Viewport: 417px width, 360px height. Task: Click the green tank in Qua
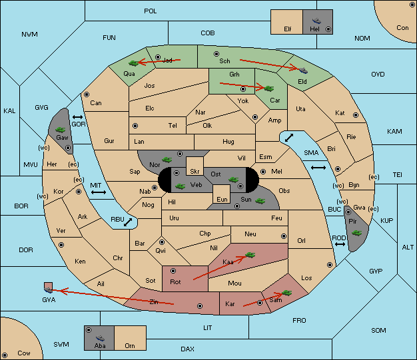[x=134, y=63]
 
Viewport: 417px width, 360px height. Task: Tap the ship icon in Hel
[x=316, y=21]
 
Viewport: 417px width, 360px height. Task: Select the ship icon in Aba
[x=100, y=338]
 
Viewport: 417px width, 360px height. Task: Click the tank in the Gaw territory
[x=61, y=130]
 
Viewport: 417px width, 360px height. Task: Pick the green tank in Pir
[x=356, y=233]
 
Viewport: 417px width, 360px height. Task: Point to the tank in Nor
[x=167, y=160]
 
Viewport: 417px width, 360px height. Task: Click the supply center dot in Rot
[x=173, y=271]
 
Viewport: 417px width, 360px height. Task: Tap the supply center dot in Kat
[x=356, y=115]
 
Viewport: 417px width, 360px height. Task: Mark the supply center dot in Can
[x=87, y=94]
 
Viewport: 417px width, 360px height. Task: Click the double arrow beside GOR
[x=78, y=117]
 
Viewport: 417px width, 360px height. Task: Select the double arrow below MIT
[x=99, y=192]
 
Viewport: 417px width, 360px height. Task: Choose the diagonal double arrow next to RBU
[x=128, y=222]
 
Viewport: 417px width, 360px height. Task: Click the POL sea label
[x=151, y=11]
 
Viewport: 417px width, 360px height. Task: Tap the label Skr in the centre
[x=195, y=172]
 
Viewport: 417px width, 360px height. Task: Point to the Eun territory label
[x=222, y=199]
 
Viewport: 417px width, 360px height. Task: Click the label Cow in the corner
[x=24, y=353]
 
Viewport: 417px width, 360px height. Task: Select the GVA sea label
[x=49, y=300]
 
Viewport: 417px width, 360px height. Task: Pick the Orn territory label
[x=130, y=345]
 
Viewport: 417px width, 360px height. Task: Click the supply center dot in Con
[x=412, y=5]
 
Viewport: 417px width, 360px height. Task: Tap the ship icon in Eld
[x=303, y=70]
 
